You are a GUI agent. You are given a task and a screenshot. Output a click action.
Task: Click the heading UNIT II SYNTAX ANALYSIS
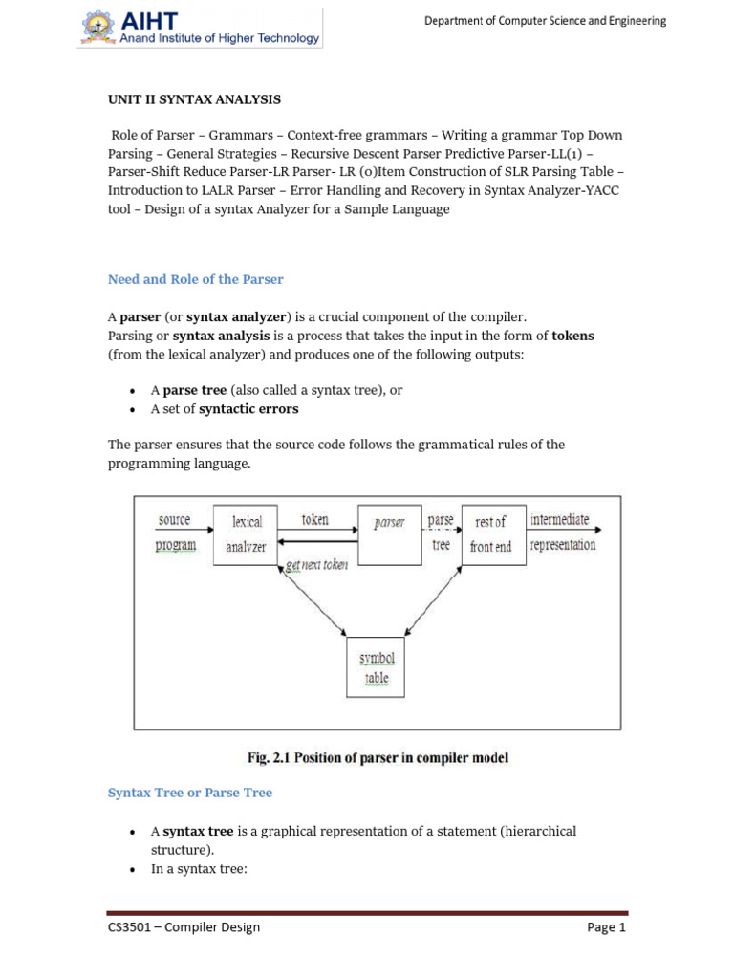pyautogui.click(x=194, y=99)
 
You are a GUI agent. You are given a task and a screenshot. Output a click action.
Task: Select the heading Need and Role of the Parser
pyautogui.click(x=195, y=279)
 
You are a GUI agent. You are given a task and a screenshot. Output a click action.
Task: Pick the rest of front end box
pyautogui.click(x=492, y=534)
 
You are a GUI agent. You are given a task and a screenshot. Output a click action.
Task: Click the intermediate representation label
pyautogui.click(x=562, y=533)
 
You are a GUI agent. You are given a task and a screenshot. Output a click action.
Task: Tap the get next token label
pyautogui.click(x=316, y=565)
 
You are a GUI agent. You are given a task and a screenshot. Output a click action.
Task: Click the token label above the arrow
pyautogui.click(x=314, y=520)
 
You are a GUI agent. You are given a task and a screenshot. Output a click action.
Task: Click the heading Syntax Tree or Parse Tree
pyautogui.click(x=189, y=793)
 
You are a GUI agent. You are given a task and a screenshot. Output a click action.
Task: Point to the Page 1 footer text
pyautogui.click(x=607, y=926)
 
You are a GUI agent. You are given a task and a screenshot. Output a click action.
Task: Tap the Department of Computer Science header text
pyautogui.click(x=546, y=21)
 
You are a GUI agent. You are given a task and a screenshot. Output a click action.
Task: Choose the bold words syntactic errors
pyautogui.click(x=248, y=409)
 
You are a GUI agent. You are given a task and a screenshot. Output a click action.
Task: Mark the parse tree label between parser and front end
pyautogui.click(x=441, y=533)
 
